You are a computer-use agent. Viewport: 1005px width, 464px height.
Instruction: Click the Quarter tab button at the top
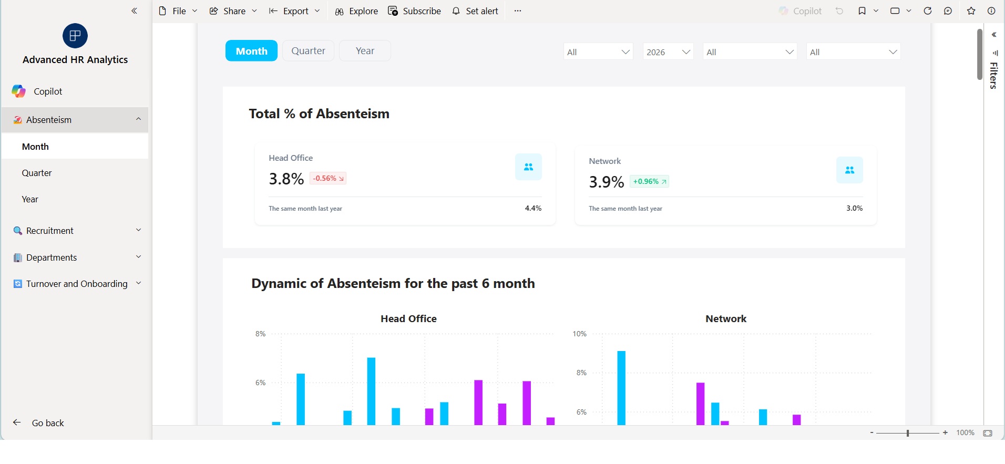coord(308,51)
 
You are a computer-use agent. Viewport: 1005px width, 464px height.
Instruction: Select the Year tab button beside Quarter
coord(365,51)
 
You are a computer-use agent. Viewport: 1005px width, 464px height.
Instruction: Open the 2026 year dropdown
coord(668,51)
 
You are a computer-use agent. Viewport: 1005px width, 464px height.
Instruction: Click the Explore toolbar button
coord(356,11)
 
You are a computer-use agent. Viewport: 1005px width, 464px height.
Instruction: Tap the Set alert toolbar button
coord(475,11)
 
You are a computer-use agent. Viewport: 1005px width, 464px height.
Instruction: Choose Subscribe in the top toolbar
coord(415,11)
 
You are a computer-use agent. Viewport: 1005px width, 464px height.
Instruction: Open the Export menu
coord(294,11)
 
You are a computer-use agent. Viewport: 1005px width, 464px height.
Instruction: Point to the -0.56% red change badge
coord(328,179)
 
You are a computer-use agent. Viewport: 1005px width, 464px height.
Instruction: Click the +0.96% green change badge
coord(649,182)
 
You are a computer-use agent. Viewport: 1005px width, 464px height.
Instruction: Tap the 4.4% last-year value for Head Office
coord(533,209)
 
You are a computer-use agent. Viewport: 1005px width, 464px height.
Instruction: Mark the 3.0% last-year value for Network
coord(854,209)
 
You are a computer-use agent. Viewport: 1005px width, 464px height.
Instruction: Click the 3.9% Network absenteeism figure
coord(607,182)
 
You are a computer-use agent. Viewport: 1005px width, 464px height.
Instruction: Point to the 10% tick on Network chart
coord(579,334)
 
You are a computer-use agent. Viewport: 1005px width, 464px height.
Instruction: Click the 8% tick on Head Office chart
coord(261,334)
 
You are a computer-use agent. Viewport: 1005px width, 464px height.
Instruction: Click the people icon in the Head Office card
coord(528,167)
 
